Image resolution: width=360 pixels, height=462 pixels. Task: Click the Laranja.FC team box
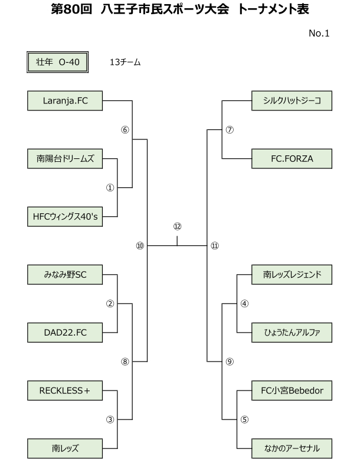click(65, 101)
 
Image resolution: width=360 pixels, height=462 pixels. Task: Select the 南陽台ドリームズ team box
click(65, 159)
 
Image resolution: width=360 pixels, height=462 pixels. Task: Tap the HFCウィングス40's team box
click(65, 217)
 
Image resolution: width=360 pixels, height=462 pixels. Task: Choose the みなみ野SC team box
click(65, 275)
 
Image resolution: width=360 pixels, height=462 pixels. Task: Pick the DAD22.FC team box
click(65, 333)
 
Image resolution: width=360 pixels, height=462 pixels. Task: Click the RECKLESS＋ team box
click(65, 391)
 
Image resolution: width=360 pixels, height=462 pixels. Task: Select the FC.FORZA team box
click(292, 159)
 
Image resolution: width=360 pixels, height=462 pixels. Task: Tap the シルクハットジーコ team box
click(292, 101)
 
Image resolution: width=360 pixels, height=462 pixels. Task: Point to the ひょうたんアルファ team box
click(292, 333)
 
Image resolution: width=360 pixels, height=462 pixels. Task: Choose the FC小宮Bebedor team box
click(292, 391)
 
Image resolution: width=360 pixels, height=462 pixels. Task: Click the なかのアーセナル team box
click(292, 448)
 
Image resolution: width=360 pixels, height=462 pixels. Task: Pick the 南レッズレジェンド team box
click(292, 275)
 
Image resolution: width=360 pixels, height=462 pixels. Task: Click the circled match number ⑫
click(177, 226)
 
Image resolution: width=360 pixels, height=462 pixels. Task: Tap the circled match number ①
click(110, 188)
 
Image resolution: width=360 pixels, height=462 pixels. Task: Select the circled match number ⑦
click(230, 129)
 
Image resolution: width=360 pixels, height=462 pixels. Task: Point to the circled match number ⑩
click(140, 245)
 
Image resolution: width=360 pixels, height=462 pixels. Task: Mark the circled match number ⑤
click(244, 419)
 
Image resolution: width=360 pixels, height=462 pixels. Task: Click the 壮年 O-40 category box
click(58, 62)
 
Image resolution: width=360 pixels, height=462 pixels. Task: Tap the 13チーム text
click(125, 62)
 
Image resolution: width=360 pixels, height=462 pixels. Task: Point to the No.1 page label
click(319, 33)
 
